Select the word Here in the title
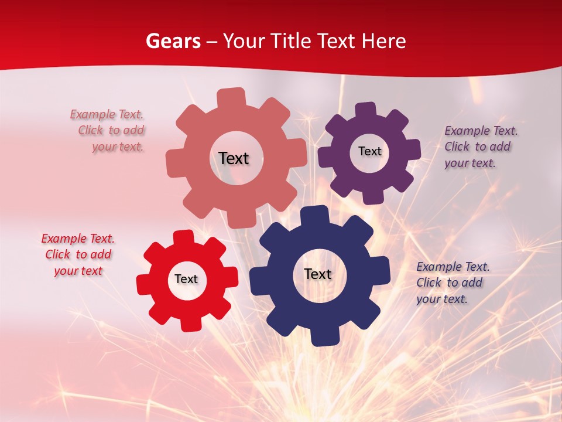pos(384,41)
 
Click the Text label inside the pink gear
pos(234,158)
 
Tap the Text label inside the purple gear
pos(369,151)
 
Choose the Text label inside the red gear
pos(186,279)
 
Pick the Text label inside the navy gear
pos(318,274)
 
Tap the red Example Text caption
pos(78,255)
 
